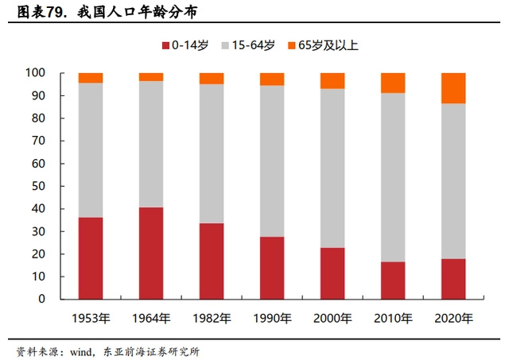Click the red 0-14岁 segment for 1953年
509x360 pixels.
91,258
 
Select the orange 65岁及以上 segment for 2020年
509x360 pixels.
453,88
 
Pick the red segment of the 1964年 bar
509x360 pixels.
151,254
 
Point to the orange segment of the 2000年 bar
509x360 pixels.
332,80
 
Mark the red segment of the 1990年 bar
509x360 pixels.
272,268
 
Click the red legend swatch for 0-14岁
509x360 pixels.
165,45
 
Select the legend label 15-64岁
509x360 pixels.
251,45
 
